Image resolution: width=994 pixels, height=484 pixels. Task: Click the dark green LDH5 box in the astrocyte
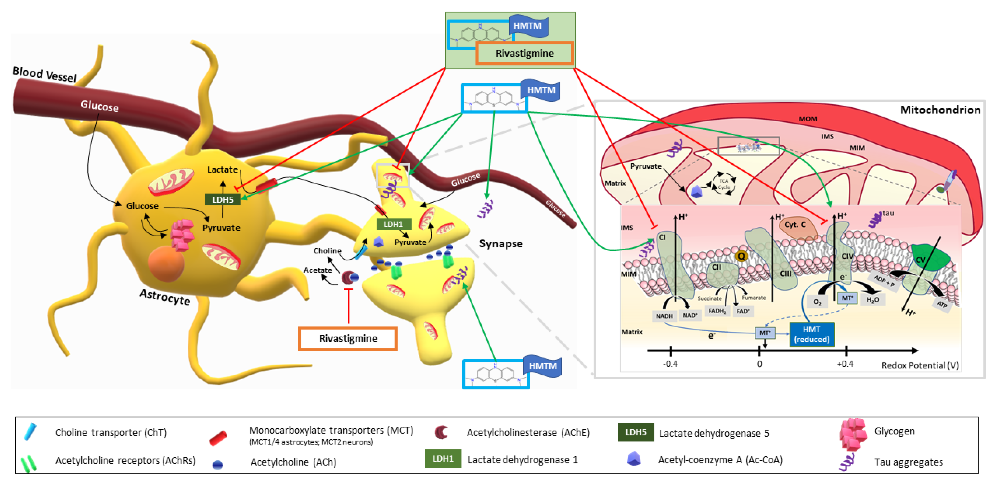tap(223, 199)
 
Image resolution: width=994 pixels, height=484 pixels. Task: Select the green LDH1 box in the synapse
tap(393, 224)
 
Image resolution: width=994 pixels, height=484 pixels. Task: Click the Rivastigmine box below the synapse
tap(348, 339)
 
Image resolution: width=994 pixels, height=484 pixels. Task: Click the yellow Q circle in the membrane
tap(741, 256)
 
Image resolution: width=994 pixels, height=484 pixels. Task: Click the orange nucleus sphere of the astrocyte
tap(166, 264)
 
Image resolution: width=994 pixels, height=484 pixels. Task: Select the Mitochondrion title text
tap(940, 110)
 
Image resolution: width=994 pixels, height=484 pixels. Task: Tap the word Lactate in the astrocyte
tap(222, 169)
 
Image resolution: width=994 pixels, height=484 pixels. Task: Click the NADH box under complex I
tap(664, 316)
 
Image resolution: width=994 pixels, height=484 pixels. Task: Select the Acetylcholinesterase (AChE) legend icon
tap(441, 432)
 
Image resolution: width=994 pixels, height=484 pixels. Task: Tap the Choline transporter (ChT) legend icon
tap(30, 432)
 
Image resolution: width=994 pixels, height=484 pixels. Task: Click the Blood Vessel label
tap(44, 74)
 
